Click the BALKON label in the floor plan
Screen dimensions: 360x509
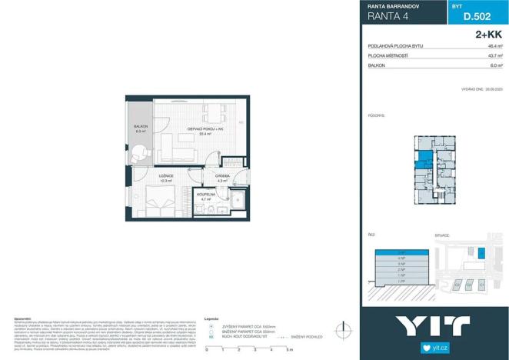coord(141,127)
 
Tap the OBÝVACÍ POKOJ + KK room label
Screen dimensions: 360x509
coord(184,128)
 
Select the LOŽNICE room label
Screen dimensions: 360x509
coord(165,177)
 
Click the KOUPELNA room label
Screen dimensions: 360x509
coord(205,195)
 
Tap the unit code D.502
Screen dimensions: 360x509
coord(477,18)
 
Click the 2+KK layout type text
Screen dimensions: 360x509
coord(490,34)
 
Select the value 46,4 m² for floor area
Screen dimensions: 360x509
coord(494,46)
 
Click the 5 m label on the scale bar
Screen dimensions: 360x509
coord(288,350)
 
